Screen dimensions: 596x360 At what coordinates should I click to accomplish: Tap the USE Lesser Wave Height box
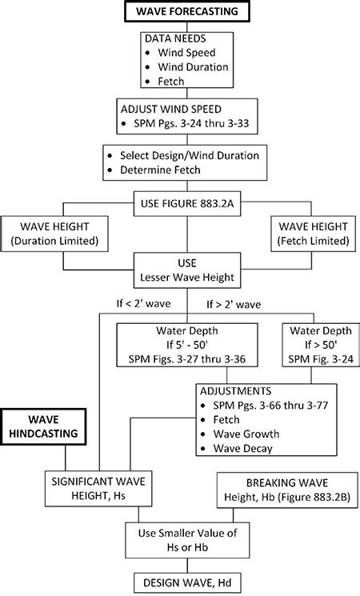[x=186, y=270]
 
